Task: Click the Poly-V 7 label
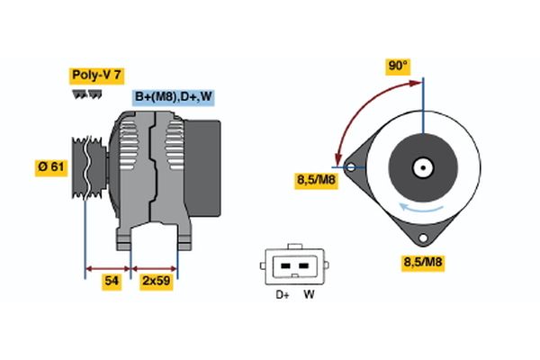click(x=97, y=76)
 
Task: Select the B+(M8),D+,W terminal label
click(x=173, y=97)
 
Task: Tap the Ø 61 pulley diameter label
click(x=51, y=167)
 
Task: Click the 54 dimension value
click(x=112, y=282)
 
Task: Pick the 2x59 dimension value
click(x=157, y=282)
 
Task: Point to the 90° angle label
click(x=398, y=66)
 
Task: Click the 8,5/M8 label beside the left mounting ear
click(x=317, y=181)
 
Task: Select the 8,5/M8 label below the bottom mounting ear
click(x=423, y=263)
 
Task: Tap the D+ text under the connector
click(x=283, y=294)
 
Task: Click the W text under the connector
click(x=309, y=294)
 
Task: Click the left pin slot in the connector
click(x=285, y=266)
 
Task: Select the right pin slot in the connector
click(x=303, y=266)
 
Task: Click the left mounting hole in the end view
click(x=351, y=167)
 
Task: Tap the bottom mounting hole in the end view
click(x=423, y=238)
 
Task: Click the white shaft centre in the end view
click(x=423, y=168)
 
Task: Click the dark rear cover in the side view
click(x=202, y=168)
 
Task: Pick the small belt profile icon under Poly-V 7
click(x=87, y=94)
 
